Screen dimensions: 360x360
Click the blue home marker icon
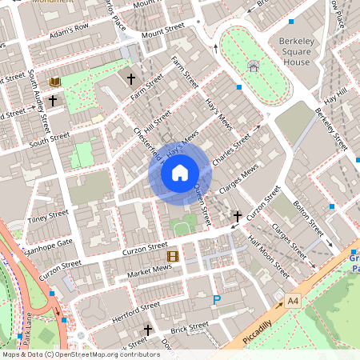pos(179,172)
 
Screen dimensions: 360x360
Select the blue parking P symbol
pos(216,300)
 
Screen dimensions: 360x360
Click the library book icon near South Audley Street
pos(55,82)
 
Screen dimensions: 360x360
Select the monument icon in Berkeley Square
pos(254,66)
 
